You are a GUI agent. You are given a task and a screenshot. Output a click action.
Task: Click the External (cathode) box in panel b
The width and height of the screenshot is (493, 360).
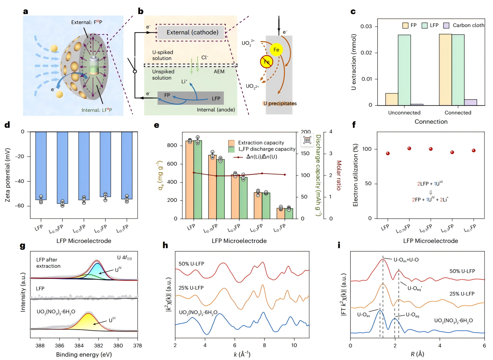pos(192,33)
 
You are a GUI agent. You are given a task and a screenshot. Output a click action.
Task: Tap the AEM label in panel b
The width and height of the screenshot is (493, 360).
pos(219,71)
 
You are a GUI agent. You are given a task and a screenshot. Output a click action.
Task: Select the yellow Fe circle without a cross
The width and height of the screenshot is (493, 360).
pos(276,50)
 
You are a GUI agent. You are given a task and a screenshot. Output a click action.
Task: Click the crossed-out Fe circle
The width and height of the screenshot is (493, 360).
pos(266,62)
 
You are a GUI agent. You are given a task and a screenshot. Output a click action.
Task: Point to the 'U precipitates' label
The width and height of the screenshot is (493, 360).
pos(280,103)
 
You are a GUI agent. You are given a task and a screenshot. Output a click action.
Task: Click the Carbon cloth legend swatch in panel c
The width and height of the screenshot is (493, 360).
pos(446,25)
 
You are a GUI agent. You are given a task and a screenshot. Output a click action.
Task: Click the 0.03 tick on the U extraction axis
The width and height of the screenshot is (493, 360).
pos(366,26)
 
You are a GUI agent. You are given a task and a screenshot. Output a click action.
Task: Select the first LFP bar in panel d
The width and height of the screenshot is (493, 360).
pos(41,166)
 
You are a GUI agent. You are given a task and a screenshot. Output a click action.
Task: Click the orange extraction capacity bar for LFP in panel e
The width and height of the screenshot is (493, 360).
pos(190,180)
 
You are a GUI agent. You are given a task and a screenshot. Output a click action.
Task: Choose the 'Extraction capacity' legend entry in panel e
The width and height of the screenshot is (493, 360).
pos(261,143)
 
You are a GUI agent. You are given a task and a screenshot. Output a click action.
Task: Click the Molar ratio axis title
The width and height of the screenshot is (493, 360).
pos(338,175)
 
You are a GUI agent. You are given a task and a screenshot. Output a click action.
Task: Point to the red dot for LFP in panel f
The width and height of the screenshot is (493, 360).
pos(388,153)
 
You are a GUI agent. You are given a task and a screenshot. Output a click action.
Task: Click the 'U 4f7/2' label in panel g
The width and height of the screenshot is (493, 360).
pos(124,258)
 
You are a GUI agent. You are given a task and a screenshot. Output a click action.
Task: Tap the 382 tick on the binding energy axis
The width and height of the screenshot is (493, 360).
pos(99,346)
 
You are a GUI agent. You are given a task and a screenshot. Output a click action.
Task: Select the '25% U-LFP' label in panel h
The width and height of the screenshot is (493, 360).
pos(191,288)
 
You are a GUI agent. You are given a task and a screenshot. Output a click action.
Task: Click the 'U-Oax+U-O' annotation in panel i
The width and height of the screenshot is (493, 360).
pos(406,260)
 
